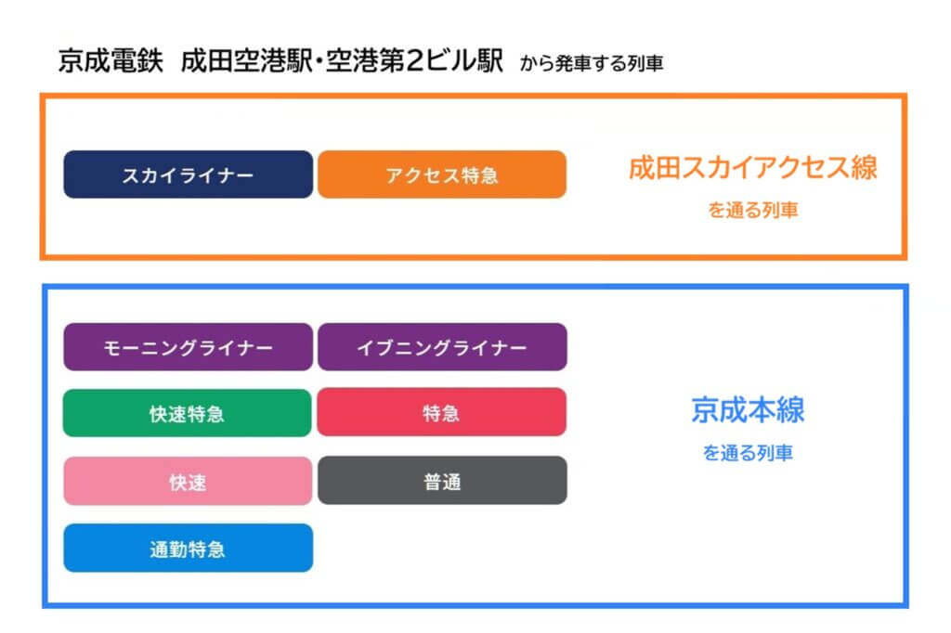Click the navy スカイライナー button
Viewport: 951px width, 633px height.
coord(188,174)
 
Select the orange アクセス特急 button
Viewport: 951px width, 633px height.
coord(442,174)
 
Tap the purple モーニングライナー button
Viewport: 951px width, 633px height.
coord(188,347)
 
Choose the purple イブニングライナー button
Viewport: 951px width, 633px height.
coord(442,347)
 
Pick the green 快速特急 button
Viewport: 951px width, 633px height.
coord(188,413)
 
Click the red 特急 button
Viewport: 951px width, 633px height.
coord(441,412)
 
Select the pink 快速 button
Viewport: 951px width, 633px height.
coord(188,482)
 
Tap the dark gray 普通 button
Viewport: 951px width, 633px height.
coord(442,480)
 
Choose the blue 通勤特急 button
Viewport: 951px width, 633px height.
coord(188,549)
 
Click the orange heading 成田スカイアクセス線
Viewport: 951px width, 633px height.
coord(752,168)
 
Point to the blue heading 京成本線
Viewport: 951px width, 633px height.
coord(748,410)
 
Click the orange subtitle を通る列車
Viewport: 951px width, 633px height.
coord(752,210)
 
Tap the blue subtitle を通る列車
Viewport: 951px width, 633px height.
coord(748,452)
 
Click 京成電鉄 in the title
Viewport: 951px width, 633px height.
coord(111,60)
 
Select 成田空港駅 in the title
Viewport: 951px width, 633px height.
coord(247,60)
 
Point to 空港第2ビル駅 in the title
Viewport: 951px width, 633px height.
coord(414,60)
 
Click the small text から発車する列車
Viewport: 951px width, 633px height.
coord(592,63)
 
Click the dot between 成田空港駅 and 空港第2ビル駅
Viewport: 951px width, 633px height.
coord(319,61)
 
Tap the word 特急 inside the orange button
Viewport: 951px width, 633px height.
coord(480,175)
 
